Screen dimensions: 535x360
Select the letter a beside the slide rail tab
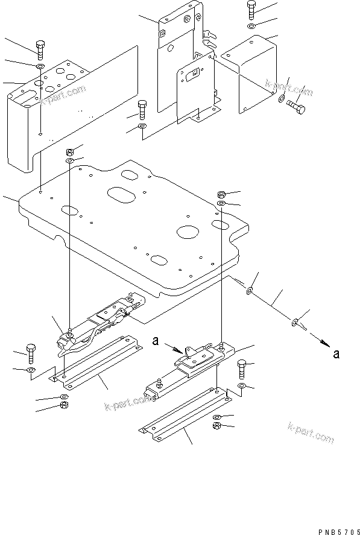[156, 342]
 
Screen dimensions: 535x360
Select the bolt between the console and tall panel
[142, 110]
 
